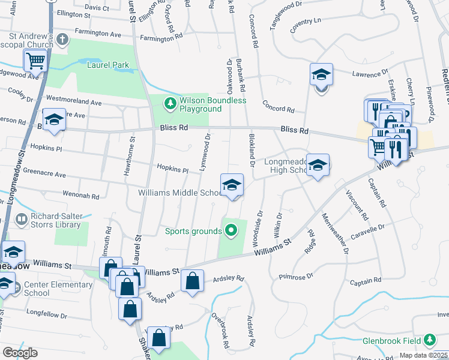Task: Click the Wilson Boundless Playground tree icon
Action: coord(171,104)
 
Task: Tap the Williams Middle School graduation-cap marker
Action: coord(232,185)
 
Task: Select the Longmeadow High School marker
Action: coord(318,166)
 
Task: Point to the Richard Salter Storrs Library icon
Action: coord(22,220)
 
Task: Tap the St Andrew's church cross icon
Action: coord(62,40)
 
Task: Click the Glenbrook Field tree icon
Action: coord(429,340)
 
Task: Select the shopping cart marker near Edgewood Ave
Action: coord(35,61)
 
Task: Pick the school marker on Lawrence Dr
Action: coord(321,76)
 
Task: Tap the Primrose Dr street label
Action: coord(297,277)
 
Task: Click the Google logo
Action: coord(20,353)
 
